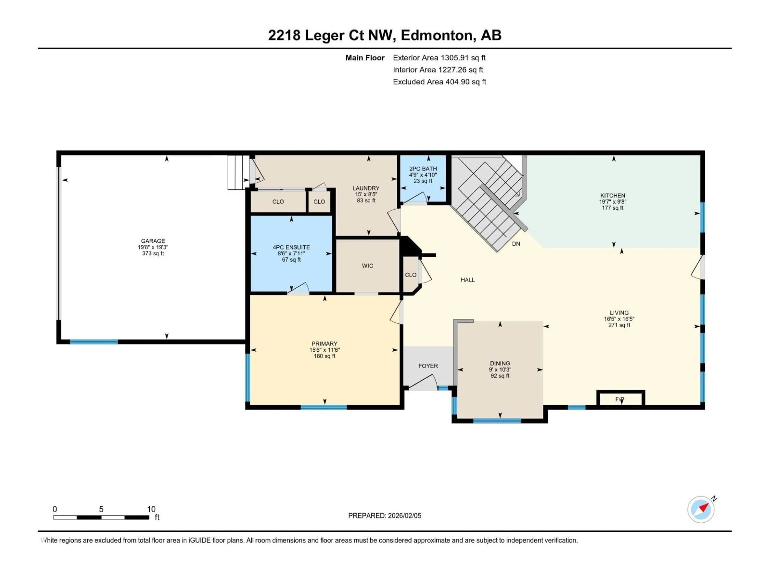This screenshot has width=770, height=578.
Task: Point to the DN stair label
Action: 516,244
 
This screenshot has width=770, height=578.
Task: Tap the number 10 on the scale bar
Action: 151,509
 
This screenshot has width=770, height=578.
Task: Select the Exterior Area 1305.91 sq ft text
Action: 439,58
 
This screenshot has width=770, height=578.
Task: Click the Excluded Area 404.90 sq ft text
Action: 439,82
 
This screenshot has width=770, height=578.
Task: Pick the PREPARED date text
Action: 385,516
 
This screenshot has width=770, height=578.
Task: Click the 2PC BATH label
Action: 423,169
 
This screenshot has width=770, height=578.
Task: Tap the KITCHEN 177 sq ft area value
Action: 612,208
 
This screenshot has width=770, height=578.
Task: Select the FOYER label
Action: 428,366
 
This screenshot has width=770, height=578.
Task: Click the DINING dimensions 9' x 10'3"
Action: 500,370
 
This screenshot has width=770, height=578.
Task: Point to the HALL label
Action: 467,280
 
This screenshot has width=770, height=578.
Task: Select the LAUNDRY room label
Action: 366,188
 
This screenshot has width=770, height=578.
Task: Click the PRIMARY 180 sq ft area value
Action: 324,356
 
